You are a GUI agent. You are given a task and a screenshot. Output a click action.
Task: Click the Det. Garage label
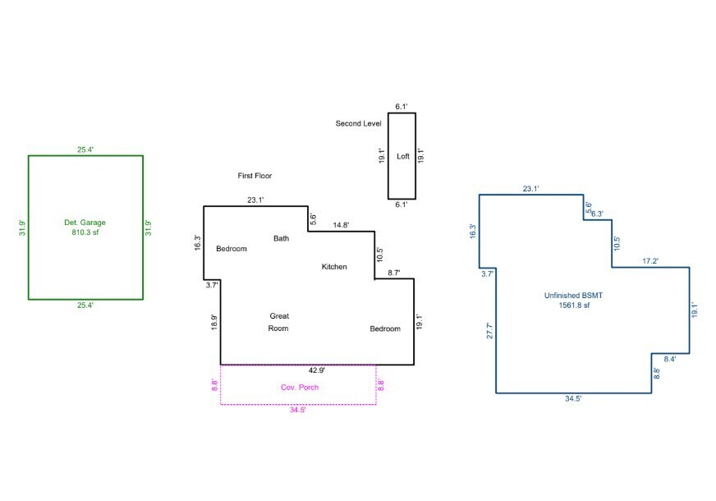tap(85, 223)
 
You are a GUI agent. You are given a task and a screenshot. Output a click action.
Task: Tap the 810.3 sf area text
tap(85, 232)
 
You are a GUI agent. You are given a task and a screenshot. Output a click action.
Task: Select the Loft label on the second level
tap(402, 156)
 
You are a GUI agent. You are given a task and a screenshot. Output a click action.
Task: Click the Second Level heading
tap(358, 123)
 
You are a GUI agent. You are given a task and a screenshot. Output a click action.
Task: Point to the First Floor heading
tap(255, 176)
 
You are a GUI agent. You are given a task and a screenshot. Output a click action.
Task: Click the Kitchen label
tap(334, 267)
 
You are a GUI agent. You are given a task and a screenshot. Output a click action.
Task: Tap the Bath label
tap(281, 238)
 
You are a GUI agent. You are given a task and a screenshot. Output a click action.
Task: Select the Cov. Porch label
tap(300, 388)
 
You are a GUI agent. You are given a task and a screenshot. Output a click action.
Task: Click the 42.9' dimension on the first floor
tap(316, 370)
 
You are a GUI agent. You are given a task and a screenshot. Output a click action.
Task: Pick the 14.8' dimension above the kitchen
tap(341, 225)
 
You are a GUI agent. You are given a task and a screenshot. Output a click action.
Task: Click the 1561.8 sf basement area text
tap(574, 305)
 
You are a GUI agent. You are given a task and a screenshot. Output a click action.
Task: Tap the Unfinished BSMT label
tap(573, 296)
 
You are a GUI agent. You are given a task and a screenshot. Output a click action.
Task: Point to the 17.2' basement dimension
tap(650, 261)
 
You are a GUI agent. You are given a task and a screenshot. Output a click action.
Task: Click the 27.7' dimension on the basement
tap(489, 331)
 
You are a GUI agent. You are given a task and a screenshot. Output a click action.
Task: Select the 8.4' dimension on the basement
tap(669, 359)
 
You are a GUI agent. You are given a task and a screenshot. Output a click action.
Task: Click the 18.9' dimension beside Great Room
tap(214, 323)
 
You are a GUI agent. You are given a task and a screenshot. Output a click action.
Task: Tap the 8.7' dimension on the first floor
tap(393, 273)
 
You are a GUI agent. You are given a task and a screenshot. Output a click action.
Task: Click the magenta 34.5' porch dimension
tap(297, 410)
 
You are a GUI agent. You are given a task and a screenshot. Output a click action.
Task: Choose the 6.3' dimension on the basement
tap(597, 214)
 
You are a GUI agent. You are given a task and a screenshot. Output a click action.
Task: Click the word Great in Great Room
tap(279, 316)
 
